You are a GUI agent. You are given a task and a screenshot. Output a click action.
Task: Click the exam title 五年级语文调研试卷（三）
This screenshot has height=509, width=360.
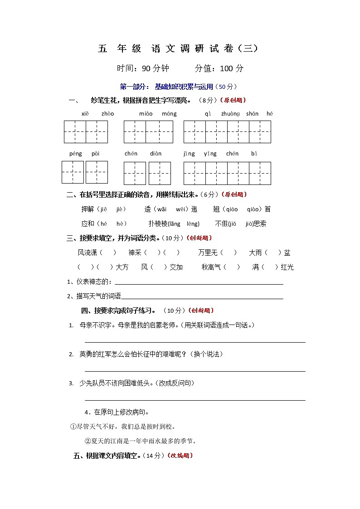point(180,49)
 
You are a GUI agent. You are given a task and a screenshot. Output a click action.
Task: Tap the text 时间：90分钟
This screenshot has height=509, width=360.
point(143,68)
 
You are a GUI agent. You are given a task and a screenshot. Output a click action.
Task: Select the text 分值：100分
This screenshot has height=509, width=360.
point(219,68)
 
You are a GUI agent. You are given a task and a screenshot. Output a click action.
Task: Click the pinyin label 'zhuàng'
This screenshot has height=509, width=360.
point(230,114)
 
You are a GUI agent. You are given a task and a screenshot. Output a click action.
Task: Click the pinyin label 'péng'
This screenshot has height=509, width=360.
point(76,154)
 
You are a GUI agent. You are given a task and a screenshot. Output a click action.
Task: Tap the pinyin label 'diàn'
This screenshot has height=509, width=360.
point(156,154)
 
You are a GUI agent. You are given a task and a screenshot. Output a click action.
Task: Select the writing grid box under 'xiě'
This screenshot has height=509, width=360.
point(75,132)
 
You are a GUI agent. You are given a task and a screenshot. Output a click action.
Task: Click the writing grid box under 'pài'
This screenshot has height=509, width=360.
point(97,172)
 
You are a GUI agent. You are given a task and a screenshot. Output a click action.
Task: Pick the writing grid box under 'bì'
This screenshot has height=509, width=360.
point(260,173)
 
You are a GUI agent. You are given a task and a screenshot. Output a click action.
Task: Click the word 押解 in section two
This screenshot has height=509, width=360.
point(87,209)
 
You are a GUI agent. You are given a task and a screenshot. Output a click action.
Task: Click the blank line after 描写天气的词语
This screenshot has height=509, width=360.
point(202,298)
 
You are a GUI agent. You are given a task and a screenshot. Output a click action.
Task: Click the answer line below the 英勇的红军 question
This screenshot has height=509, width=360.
point(195,371)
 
